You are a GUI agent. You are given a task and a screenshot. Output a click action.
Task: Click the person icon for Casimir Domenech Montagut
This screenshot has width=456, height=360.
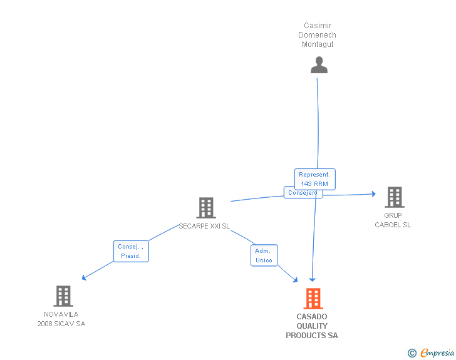(319, 65)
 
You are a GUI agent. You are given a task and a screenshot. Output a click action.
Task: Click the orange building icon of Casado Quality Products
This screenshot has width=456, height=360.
(313, 299)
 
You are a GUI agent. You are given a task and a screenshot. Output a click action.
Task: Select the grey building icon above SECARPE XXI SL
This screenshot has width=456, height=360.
(206, 208)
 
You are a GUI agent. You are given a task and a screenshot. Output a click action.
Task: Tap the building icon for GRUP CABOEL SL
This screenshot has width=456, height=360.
(395, 197)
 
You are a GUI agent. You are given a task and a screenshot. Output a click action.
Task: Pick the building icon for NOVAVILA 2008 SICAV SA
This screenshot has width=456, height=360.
(63, 296)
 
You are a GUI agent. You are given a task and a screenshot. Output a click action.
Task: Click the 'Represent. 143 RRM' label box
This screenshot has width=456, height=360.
(314, 179)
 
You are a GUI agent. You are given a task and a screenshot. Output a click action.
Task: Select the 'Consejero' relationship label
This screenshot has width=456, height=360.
(303, 193)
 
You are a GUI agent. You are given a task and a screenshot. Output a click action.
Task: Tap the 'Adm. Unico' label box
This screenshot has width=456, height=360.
(264, 255)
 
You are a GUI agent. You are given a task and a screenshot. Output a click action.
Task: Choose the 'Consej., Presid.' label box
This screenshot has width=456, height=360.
(131, 251)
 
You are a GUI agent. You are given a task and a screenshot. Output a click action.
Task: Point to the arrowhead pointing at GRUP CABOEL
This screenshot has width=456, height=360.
(374, 194)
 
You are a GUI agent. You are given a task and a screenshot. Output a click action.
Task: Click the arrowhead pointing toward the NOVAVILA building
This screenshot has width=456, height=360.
(84, 278)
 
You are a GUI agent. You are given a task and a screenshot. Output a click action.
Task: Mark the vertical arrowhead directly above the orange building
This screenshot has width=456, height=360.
(313, 280)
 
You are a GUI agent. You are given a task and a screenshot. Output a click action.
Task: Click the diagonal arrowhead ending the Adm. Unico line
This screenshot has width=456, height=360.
(296, 280)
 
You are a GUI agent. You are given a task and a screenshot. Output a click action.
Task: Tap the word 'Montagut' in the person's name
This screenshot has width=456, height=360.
(318, 44)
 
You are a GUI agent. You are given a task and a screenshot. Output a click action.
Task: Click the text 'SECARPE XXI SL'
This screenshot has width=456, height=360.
(204, 226)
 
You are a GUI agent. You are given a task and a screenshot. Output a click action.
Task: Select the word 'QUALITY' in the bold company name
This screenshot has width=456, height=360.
(312, 326)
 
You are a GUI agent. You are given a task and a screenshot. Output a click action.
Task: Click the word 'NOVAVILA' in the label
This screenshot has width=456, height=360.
(61, 314)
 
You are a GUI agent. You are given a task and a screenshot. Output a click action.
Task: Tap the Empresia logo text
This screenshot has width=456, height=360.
(437, 352)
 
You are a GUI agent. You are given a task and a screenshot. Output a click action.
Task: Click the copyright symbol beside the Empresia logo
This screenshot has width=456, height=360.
(412, 353)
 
